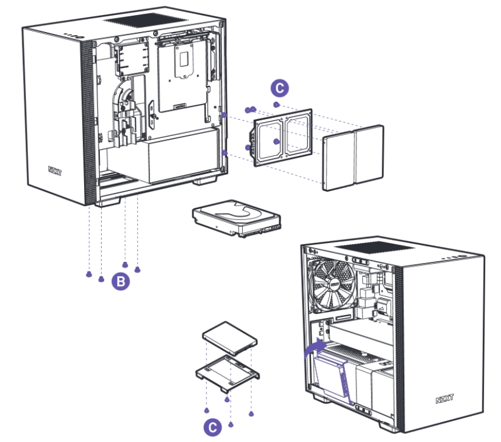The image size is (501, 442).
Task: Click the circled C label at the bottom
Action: click(211, 427)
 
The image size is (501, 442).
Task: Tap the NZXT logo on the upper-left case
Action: click(56, 170)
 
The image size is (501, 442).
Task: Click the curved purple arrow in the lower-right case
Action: click(313, 349)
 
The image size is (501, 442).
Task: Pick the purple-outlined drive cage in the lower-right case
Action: click(332, 375)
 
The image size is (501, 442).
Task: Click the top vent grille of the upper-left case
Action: click(137, 19)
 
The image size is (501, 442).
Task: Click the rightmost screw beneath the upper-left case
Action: click(138, 270)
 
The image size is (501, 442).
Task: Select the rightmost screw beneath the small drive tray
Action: click(251, 414)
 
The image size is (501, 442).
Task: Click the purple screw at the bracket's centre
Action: click(275, 141)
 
